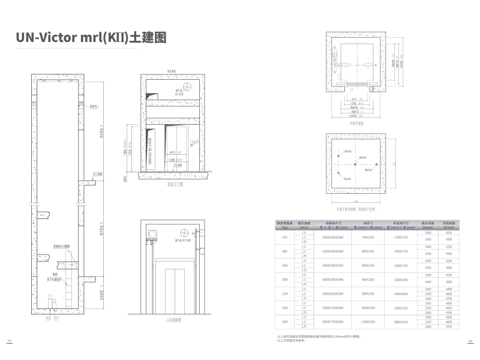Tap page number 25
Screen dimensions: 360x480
click(10, 341)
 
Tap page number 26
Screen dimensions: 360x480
click(470, 341)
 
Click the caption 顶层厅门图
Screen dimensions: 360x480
click(175, 185)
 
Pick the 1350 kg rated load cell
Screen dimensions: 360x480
click(285, 308)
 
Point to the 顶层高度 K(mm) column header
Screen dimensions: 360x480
click(448, 225)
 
